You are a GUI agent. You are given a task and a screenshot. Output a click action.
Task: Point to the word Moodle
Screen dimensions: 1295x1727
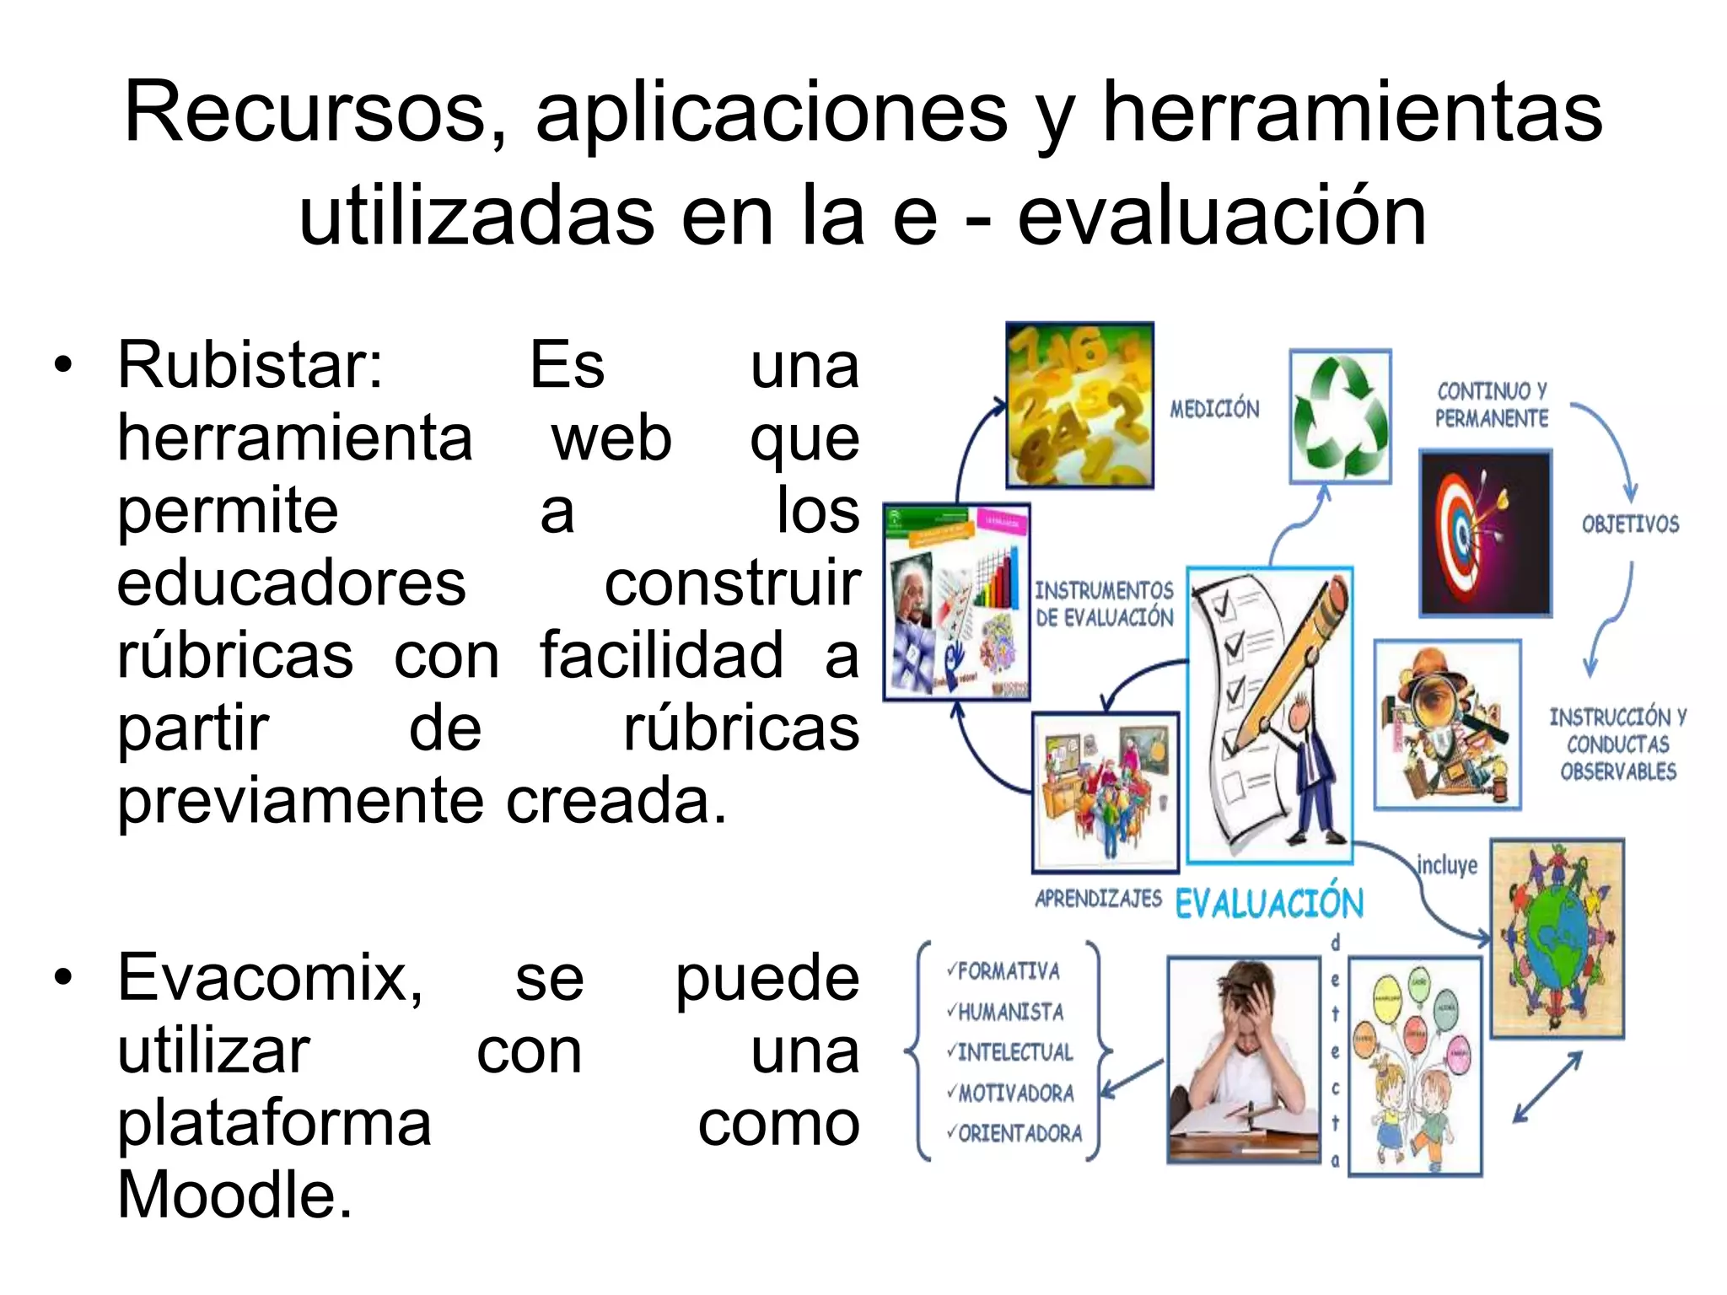[234, 1196]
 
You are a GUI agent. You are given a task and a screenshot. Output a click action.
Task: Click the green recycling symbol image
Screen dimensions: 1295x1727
[1340, 416]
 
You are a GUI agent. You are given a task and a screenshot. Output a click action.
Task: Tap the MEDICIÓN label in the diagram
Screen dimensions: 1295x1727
[1214, 410]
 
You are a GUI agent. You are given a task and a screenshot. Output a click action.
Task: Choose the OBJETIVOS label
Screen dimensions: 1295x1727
[1630, 524]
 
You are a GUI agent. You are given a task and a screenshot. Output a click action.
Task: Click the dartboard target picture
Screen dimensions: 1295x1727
[1485, 533]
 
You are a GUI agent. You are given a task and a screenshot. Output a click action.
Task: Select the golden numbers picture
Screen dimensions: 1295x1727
[1079, 405]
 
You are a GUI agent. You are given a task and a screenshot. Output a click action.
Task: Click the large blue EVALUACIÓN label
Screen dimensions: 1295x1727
[1269, 904]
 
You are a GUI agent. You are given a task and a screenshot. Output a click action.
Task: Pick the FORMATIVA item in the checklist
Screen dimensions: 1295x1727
[1008, 972]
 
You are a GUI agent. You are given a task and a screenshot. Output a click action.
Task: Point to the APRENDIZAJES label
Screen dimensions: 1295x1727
[1098, 899]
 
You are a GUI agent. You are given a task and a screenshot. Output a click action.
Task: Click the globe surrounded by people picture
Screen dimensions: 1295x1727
[1557, 938]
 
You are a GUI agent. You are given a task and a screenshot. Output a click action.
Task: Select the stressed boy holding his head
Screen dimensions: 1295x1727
[1243, 1059]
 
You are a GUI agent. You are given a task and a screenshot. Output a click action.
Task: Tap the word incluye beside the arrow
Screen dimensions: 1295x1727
[1447, 866]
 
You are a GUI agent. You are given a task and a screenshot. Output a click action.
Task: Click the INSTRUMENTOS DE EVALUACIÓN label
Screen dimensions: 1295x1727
[1104, 604]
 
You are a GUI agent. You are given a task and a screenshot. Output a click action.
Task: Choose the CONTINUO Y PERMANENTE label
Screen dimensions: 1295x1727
[1492, 405]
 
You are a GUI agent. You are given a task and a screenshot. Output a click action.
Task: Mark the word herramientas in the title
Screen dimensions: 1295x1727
[1353, 114]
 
